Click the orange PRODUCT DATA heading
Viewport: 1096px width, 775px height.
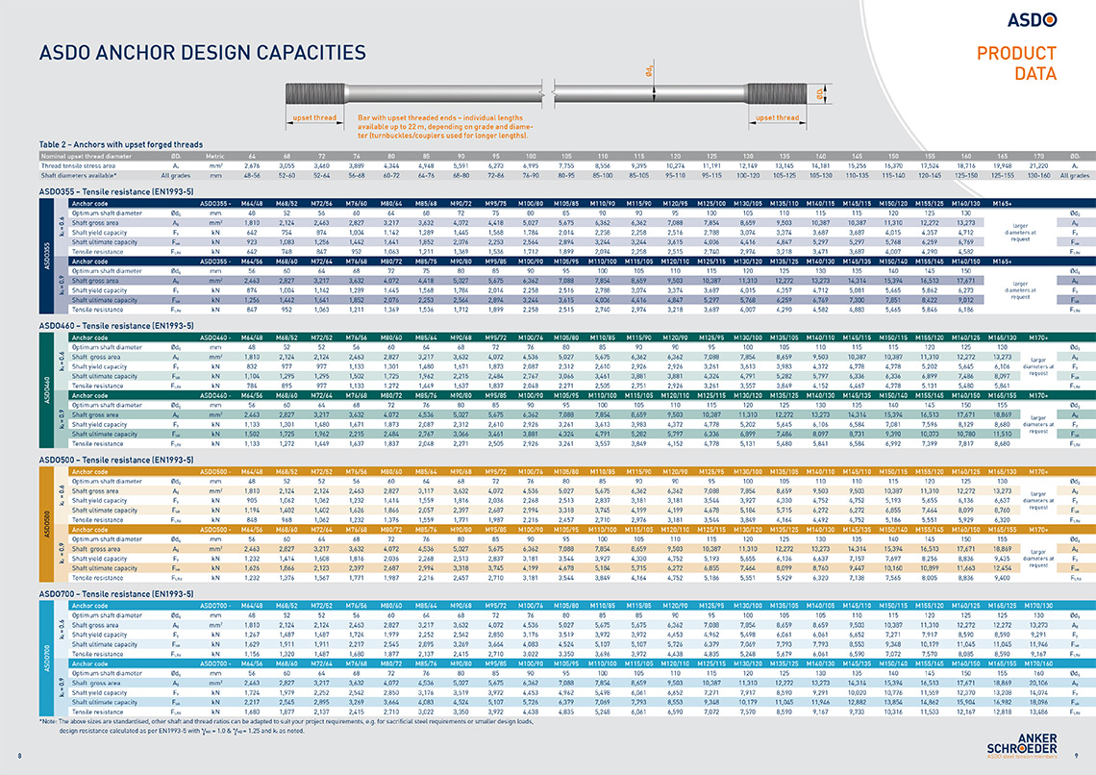tap(1016, 63)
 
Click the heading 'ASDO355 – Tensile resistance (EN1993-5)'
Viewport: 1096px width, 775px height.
tap(113, 190)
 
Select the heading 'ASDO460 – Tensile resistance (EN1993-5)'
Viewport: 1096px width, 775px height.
tap(113, 326)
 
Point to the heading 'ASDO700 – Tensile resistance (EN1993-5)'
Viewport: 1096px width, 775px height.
tap(113, 596)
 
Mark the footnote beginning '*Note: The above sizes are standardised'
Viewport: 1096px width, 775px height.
tap(288, 721)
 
